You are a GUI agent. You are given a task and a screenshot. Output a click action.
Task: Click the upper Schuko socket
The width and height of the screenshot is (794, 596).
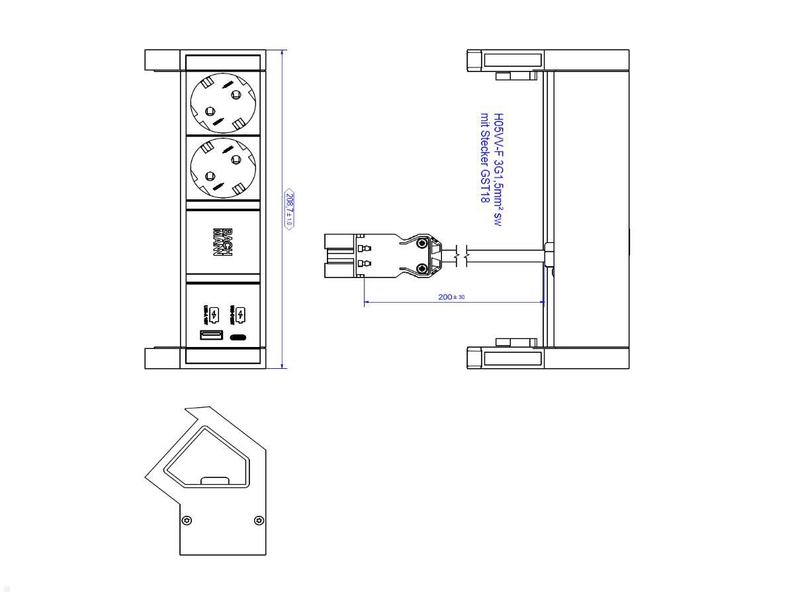pos(222,104)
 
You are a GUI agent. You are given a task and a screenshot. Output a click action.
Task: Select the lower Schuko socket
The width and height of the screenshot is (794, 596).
pos(222,168)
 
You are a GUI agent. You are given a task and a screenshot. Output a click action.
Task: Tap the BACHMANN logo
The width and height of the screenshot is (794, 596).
pos(222,242)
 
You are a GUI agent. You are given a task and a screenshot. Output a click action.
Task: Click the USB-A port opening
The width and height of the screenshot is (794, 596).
pos(212,336)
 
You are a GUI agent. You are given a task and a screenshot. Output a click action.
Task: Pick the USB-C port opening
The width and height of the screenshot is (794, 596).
pos(238,337)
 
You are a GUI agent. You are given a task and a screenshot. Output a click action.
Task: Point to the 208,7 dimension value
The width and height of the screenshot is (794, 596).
pos(289,209)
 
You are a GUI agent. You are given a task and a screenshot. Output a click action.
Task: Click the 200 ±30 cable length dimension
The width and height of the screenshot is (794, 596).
pos(451,297)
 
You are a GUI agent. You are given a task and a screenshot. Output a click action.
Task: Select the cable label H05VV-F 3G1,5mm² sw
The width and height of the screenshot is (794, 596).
pos(498,170)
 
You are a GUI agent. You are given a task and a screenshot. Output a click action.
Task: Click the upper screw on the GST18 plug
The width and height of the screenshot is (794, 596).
pos(421,244)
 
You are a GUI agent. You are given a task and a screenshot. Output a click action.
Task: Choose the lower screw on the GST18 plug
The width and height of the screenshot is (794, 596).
pos(421,268)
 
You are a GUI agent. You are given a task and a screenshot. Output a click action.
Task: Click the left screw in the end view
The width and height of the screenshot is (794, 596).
pos(187,521)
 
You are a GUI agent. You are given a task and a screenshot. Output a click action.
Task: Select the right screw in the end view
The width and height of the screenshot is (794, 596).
pos(259,521)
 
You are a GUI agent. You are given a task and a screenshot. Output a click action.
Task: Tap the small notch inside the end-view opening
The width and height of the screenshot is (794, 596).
pos(214,481)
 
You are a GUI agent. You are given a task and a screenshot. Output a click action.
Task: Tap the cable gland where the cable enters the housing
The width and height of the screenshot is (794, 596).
pos(549,256)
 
